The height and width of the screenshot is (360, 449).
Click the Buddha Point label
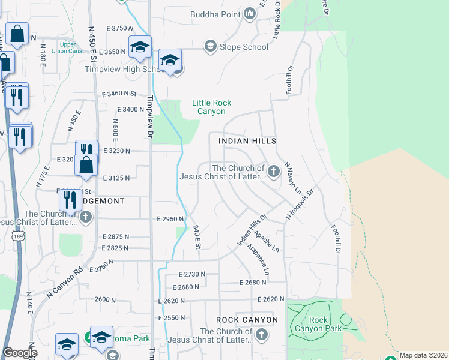[215, 14]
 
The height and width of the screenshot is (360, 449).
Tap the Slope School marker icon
[210, 46]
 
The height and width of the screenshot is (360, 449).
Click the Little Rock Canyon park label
[209, 107]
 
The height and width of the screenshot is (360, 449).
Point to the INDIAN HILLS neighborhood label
[247, 141]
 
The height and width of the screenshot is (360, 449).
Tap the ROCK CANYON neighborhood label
[247, 320]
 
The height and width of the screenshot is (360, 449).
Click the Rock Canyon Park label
[319, 324]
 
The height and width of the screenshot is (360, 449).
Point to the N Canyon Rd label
[64, 283]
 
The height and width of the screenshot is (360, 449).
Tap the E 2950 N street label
[170, 219]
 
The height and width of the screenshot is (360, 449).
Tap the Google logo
[19, 353]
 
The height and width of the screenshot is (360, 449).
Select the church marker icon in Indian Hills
[274, 172]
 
